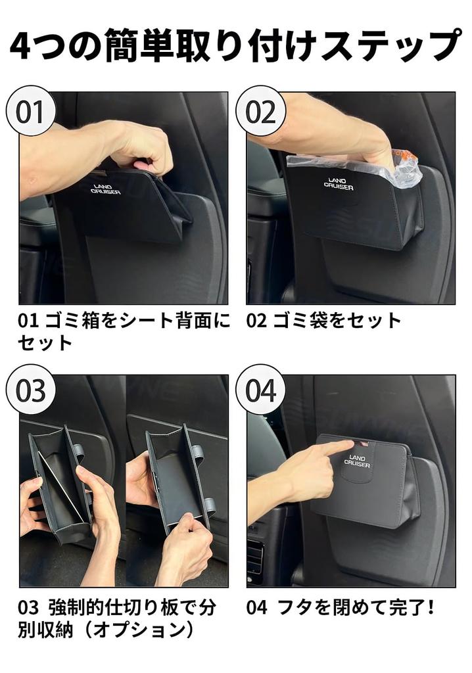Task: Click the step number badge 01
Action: point(28,111)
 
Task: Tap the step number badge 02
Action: point(262,111)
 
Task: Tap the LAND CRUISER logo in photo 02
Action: point(339,183)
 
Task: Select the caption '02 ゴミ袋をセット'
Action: point(323,321)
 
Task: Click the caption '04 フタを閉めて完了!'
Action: point(341,607)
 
